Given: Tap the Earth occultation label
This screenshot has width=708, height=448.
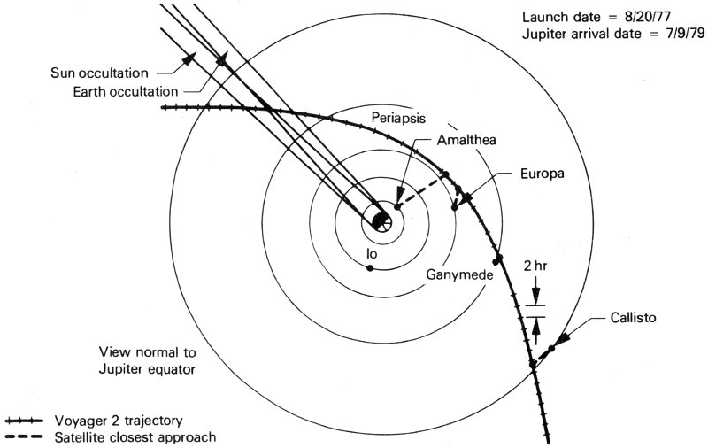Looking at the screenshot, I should point(127,90).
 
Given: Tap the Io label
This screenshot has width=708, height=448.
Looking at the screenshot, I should point(372,254).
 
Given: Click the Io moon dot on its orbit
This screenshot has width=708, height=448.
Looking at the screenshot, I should point(373,268).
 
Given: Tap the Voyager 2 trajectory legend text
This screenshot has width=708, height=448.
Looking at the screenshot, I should point(122,420).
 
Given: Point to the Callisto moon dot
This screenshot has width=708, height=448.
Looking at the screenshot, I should point(551,348).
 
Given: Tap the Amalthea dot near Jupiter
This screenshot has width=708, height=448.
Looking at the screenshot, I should point(397,206).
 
